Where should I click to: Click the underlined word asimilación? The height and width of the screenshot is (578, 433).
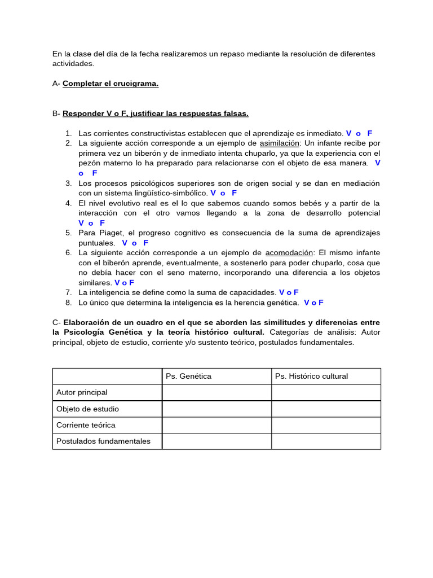click(x=280, y=143)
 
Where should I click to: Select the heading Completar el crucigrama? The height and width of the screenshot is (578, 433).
click(x=111, y=84)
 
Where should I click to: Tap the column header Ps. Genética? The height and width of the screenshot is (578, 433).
click(x=188, y=376)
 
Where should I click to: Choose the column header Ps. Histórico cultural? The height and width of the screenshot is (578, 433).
click(x=311, y=376)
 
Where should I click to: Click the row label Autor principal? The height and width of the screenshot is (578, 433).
click(x=82, y=392)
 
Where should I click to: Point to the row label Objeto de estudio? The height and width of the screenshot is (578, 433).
click(x=87, y=409)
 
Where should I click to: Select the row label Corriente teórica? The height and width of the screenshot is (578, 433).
click(x=86, y=425)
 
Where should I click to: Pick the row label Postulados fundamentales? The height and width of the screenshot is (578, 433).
click(x=103, y=441)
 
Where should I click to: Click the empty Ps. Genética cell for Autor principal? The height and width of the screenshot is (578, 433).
click(x=216, y=392)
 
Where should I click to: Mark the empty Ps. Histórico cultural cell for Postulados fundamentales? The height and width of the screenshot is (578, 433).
click(x=326, y=441)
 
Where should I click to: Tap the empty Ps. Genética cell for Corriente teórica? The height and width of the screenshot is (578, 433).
click(x=216, y=425)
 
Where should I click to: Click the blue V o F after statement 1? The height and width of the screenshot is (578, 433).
click(x=359, y=133)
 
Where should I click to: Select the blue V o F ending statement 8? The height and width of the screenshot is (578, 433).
click(x=313, y=303)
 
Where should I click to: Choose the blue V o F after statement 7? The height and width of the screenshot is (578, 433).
click(x=289, y=292)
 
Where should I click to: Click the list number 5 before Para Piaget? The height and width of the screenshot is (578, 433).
click(x=68, y=233)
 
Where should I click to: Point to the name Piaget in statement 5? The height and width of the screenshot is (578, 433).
click(x=108, y=233)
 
